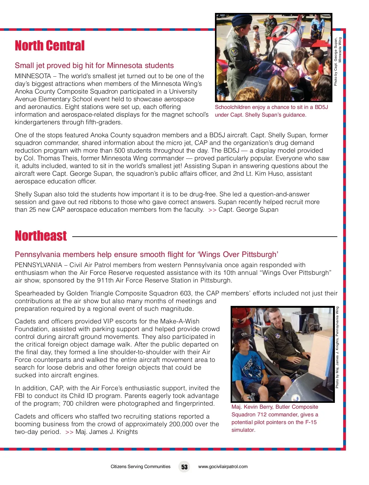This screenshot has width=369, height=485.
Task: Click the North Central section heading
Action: [50, 46]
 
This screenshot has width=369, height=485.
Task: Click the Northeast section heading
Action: [41, 236]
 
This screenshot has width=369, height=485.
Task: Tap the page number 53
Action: [184, 467]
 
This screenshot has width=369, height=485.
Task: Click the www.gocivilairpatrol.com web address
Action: [223, 467]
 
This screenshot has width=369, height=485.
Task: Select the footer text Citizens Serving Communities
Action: [140, 467]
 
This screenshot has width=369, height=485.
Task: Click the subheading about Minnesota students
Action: [94, 66]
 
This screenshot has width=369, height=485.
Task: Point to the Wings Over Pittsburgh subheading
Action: [146, 255]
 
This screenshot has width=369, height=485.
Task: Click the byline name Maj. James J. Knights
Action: [106, 432]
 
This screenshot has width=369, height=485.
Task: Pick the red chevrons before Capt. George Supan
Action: [212, 210]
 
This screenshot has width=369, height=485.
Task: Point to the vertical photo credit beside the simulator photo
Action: [337, 347]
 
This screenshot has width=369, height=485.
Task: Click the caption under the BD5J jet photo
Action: [271, 111]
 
